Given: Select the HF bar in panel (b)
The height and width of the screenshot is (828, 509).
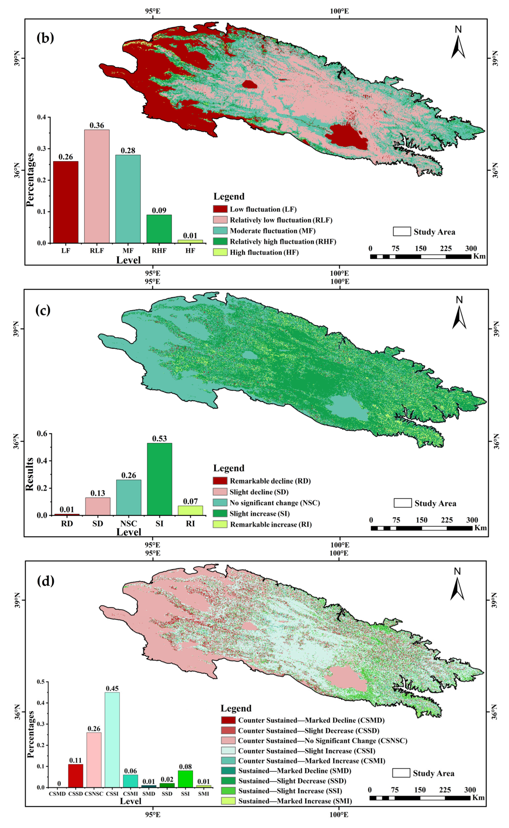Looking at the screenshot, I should [190, 241].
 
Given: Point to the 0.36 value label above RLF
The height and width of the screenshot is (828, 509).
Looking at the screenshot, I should [97, 125].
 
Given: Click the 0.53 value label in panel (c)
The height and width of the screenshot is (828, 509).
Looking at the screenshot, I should [159, 438].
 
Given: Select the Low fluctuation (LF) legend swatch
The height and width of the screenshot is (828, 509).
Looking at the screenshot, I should [220, 209].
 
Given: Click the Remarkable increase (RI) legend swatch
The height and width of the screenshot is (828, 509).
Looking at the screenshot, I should [220, 524].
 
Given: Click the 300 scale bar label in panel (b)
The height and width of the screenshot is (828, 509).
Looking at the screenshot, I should [471, 249].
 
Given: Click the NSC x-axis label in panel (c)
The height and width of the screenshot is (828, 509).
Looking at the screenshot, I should [129, 524].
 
